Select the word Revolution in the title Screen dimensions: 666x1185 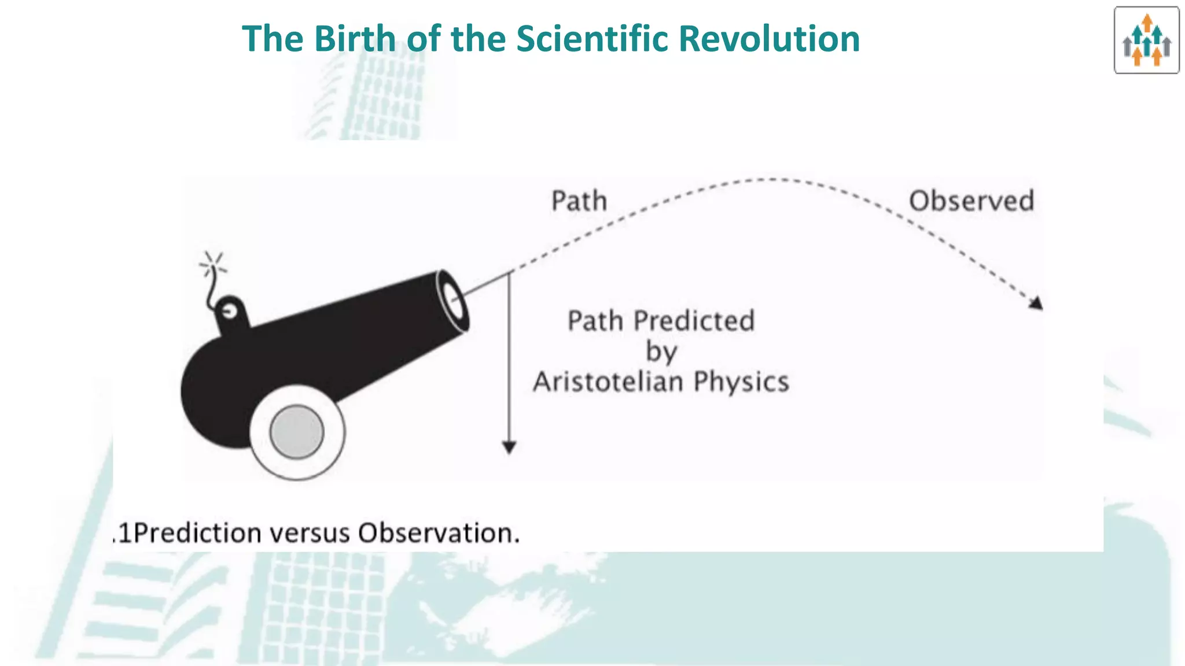coord(769,39)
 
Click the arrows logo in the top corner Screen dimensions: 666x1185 coord(1146,40)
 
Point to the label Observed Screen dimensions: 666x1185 coord(971,201)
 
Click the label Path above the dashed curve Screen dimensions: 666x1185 coord(579,201)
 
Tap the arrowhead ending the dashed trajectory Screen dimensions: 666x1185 coord(1036,303)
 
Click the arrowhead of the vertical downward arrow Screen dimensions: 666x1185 coord(509,447)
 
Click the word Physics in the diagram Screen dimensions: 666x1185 coord(741,382)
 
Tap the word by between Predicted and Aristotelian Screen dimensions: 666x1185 coord(661,351)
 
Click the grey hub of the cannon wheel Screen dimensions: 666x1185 coord(297,432)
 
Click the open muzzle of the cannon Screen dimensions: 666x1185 coord(453,301)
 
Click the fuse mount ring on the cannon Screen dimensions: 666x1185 coord(230,312)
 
